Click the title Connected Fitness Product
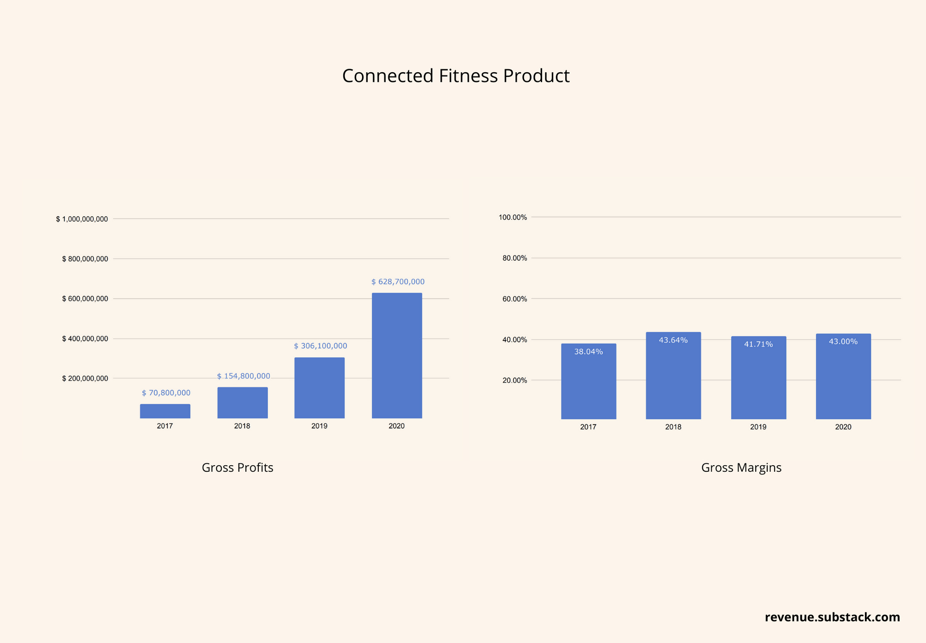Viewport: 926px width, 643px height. (x=456, y=76)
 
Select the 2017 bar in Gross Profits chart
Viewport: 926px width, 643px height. (x=165, y=411)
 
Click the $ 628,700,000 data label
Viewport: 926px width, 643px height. (x=398, y=281)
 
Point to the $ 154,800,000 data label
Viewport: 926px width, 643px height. (x=244, y=376)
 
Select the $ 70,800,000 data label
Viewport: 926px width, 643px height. (x=166, y=393)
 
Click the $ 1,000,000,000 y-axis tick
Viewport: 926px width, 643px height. (x=82, y=219)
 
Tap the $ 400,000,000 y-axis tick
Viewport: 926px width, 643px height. (x=85, y=339)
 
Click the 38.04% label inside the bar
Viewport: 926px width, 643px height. (x=588, y=352)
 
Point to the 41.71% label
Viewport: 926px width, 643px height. (x=758, y=344)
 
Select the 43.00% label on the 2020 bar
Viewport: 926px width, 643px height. (x=843, y=342)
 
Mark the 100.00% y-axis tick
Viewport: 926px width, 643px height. (x=513, y=217)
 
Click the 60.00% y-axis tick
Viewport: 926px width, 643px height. (x=514, y=299)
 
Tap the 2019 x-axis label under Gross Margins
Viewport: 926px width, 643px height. (x=758, y=427)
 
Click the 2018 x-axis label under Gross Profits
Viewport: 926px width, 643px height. (x=242, y=426)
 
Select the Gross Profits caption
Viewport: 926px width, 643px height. (x=238, y=468)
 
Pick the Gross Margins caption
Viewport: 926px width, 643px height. (x=741, y=468)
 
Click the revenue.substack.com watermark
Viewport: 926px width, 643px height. (x=832, y=617)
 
